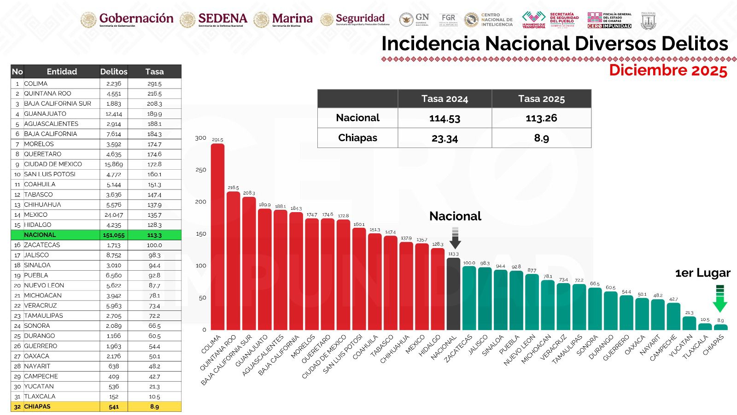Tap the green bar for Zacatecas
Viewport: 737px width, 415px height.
[469, 298]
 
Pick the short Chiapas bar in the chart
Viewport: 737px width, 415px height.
[720, 327]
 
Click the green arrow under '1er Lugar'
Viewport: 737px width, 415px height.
[719, 299]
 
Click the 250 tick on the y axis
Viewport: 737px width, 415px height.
[201, 170]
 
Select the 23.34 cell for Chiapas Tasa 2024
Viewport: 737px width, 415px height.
[445, 138]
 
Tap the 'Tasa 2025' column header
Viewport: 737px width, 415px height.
[541, 99]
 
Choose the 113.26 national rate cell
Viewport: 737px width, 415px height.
[541, 118]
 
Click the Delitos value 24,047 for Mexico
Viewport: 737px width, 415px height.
[114, 215]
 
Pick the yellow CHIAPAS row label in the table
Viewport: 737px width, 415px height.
[37, 407]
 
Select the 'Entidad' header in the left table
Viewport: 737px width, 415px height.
[62, 71]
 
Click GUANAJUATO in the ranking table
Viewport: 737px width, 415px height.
[45, 114]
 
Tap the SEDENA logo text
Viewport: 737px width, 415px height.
[222, 19]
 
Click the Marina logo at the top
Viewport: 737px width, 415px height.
[283, 19]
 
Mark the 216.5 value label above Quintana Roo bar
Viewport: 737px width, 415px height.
[233, 188]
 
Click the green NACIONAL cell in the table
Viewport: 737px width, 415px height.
[40, 235]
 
